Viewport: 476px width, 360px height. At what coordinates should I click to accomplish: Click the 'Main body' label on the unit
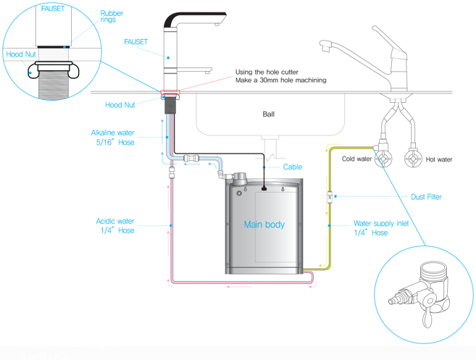click(x=264, y=225)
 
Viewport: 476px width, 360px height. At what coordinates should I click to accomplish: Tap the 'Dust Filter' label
click(x=425, y=196)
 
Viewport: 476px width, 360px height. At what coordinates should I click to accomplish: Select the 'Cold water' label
click(x=356, y=159)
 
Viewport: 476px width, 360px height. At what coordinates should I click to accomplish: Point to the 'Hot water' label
click(x=440, y=159)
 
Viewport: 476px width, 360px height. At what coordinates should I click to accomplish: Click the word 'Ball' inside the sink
click(x=268, y=114)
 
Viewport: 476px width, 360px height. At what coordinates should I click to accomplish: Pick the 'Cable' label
click(x=292, y=167)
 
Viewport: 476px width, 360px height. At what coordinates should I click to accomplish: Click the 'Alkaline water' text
click(x=112, y=133)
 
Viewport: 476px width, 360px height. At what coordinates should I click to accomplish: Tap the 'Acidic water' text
click(x=115, y=221)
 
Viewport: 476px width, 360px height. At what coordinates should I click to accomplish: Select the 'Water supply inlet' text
click(x=381, y=224)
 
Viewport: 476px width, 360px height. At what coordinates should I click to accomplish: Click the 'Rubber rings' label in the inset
click(x=112, y=17)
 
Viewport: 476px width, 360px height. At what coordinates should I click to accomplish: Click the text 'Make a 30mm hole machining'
click(x=281, y=80)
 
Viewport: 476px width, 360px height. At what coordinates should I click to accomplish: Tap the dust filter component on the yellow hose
click(x=330, y=196)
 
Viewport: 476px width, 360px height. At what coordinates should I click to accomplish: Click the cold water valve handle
click(x=380, y=159)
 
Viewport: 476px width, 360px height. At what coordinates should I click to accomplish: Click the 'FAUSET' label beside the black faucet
click(x=135, y=42)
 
